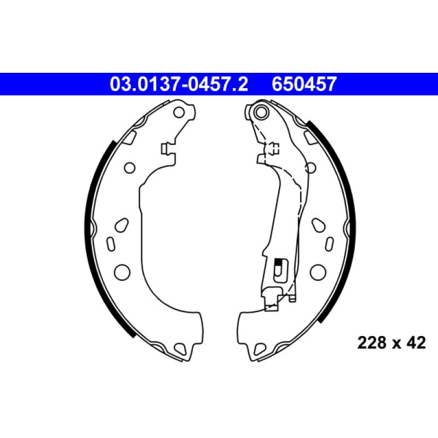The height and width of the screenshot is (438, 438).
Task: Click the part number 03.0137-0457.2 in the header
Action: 179,84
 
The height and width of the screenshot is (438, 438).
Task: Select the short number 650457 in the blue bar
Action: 304,84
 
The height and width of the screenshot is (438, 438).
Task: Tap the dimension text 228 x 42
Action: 391,343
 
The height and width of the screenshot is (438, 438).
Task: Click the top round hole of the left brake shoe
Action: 179,113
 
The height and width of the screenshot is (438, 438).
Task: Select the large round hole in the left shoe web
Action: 122,270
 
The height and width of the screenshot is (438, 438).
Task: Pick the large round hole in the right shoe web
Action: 316,270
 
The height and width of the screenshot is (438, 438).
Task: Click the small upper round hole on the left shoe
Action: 130,167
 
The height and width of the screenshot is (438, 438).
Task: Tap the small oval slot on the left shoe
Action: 109,243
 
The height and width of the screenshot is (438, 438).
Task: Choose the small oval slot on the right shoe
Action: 329,243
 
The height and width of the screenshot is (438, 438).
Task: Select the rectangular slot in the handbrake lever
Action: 278,269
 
